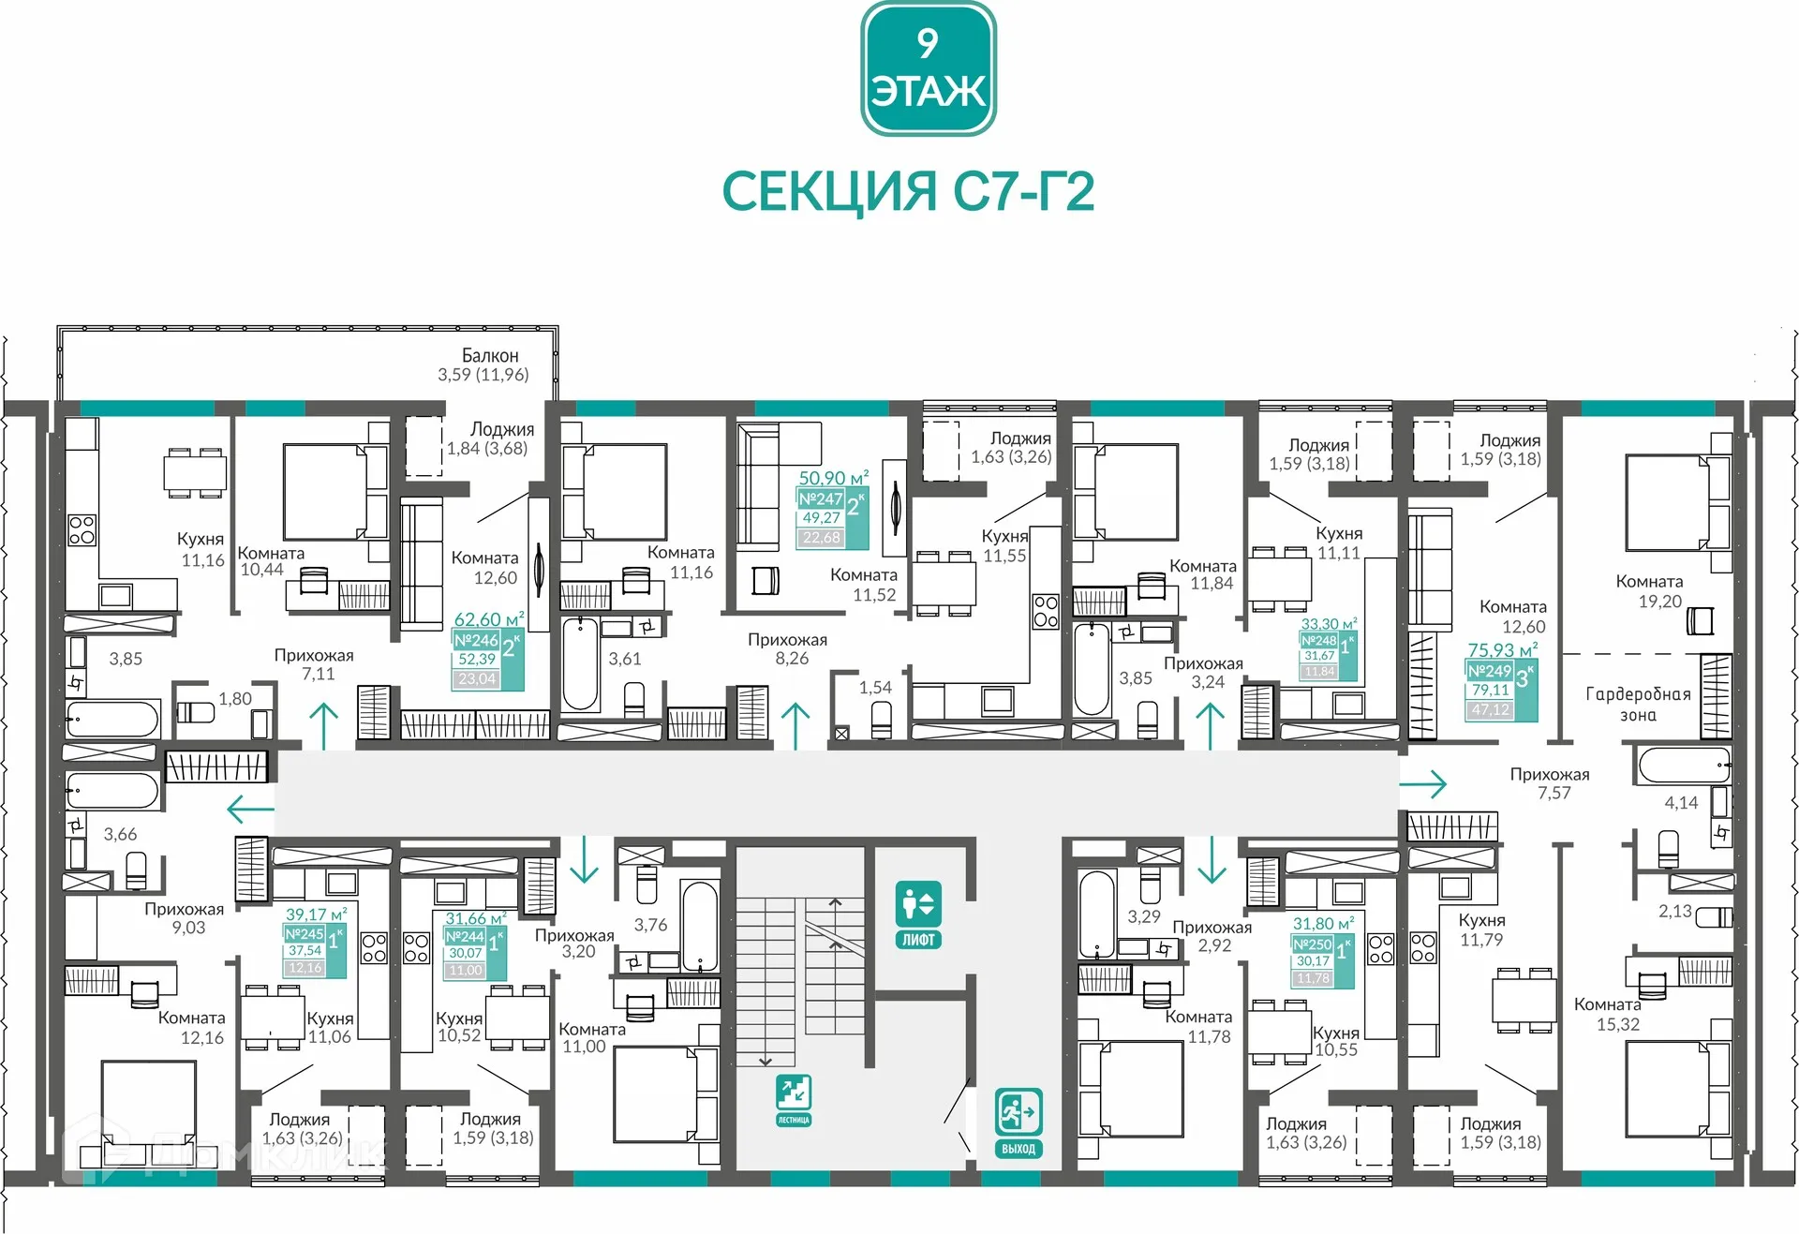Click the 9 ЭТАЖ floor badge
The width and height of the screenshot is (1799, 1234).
coord(928,68)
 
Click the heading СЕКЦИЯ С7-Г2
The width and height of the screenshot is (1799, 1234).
coord(907,192)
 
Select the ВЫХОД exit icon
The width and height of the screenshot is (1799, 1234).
coord(1018,1122)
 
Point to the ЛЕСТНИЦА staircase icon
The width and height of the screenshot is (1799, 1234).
coord(793,1099)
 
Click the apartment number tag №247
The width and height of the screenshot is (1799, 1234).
coord(820,499)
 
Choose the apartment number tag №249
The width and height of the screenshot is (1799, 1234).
coord(1489,671)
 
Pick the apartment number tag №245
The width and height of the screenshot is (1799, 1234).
coord(305,933)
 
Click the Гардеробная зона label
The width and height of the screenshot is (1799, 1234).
coord(1638,705)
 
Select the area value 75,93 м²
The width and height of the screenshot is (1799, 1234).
coord(1502,649)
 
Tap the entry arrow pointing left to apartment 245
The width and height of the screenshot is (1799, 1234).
coord(250,808)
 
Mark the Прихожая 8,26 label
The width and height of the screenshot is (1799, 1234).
coord(787,648)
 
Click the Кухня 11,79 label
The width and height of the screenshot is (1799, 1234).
coord(1481,929)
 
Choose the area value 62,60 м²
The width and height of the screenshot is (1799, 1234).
coord(488,619)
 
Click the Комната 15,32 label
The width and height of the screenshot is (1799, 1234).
coord(1608,1015)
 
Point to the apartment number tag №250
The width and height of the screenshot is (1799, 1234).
coord(1312,944)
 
